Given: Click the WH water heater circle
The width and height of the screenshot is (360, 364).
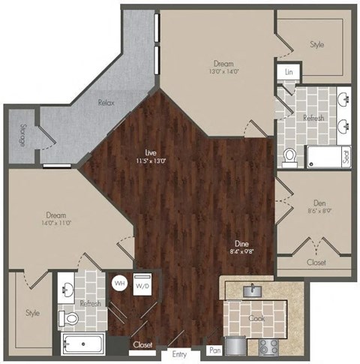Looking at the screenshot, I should click(119, 284).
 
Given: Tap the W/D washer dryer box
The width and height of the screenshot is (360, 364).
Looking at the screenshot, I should click(140, 286).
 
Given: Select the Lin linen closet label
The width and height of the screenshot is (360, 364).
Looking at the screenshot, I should click(289, 73).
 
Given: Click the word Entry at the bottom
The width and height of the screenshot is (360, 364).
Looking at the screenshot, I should click(178, 354).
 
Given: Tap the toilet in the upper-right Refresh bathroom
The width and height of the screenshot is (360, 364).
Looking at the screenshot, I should click(290, 156).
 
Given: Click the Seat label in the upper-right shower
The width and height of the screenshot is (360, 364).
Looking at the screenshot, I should click(346, 156).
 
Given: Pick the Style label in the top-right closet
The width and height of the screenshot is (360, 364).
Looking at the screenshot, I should click(317, 45).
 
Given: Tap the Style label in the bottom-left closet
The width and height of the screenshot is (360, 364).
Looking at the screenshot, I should click(32, 312).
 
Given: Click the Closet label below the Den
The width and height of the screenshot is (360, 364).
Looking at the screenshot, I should click(316, 263).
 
